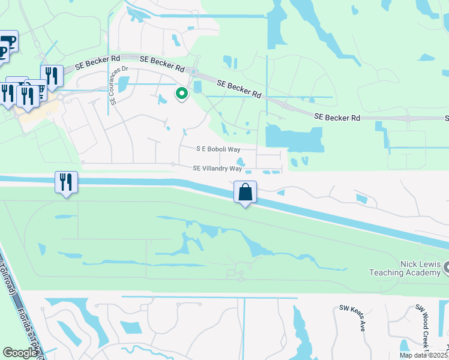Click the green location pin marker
point(181,93)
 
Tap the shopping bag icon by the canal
point(245,193)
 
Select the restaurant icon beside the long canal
point(66,182)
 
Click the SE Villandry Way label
point(217,169)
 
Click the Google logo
point(20,353)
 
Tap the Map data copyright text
point(424,355)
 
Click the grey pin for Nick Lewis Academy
point(445,269)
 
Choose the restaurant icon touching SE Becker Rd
point(52,74)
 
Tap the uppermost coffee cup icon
point(8,40)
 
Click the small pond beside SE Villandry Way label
point(241,161)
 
